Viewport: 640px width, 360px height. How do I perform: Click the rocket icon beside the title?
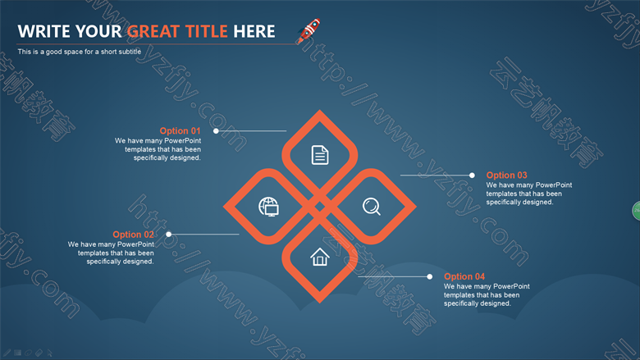pos(309,30)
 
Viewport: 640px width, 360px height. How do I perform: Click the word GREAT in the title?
pos(153,31)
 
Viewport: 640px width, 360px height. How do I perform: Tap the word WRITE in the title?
pos(44,31)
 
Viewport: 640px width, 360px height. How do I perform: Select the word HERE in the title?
pos(254,31)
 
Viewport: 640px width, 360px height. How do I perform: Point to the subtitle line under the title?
pos(80,52)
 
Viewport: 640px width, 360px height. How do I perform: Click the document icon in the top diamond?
pos(320,155)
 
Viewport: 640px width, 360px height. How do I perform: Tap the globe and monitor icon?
pos(268,207)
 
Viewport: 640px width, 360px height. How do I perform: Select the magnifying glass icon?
pos(372,207)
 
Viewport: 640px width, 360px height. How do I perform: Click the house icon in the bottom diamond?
pos(320,257)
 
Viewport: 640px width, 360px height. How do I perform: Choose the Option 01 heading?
pos(180,131)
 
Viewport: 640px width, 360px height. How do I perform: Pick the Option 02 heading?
pos(133,235)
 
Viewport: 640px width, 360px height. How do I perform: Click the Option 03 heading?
pos(506,175)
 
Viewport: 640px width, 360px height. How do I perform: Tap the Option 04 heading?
pos(464,276)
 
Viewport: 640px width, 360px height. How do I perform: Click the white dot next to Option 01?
pos(216,131)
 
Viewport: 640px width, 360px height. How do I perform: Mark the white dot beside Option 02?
pos(168,234)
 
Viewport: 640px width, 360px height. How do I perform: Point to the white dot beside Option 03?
pos(472,175)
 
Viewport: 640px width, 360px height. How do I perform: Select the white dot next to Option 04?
pos(429,276)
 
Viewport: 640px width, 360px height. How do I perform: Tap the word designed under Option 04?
pos(496,303)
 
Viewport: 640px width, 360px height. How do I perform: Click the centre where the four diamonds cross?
pos(320,207)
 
